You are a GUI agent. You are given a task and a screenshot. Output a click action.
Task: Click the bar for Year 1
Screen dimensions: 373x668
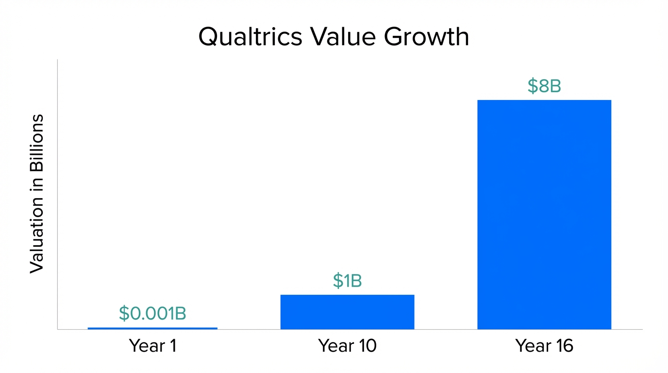coord(152,328)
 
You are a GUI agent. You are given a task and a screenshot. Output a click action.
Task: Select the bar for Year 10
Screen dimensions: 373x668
coord(347,312)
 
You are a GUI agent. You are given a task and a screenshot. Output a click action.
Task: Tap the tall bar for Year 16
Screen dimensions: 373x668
coord(544,214)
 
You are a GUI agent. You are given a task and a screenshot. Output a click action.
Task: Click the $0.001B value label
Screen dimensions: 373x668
coord(152,314)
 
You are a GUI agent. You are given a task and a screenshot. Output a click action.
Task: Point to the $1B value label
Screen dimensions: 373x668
coord(347,281)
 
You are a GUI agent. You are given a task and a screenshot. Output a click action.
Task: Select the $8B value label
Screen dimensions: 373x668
coord(544,86)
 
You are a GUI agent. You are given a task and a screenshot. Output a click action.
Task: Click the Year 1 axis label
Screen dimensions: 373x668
coord(152,346)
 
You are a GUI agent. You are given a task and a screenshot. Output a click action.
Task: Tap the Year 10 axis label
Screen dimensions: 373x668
coord(347,346)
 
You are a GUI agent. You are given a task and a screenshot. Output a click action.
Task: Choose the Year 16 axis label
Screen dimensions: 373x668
coord(544,346)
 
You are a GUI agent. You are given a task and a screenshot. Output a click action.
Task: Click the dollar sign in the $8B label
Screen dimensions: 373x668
coord(533,86)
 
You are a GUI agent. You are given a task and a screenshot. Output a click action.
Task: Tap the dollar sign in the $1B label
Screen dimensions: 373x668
coord(338,281)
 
